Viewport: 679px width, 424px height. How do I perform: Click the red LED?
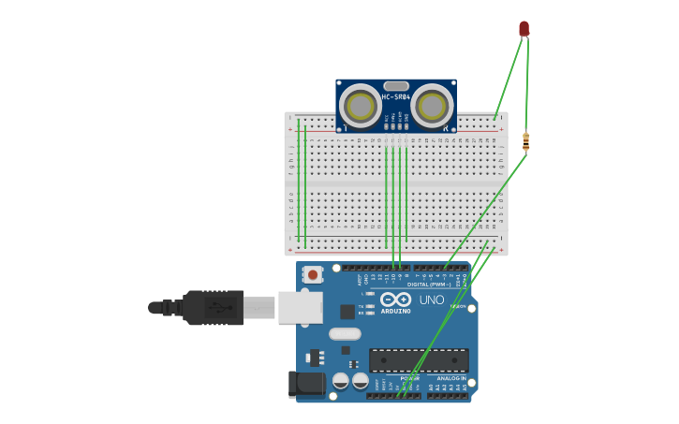tap(524, 29)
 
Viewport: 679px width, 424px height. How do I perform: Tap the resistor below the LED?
tap(525, 142)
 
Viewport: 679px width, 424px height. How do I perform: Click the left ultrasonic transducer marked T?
tap(359, 104)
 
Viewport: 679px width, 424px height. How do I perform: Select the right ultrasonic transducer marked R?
tap(432, 105)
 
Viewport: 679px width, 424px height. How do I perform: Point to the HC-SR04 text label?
tap(395, 97)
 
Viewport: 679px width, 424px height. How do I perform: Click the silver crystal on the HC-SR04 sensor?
tap(396, 86)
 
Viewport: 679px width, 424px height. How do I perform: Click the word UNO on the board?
tap(432, 300)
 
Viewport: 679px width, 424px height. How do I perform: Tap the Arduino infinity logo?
tap(395, 300)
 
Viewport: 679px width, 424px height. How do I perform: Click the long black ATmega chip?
tap(419, 360)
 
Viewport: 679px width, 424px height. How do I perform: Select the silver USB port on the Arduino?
tap(301, 307)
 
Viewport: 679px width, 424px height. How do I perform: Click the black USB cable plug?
tap(214, 307)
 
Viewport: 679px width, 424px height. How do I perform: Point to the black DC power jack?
tap(306, 384)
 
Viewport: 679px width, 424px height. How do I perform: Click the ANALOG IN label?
tap(450, 378)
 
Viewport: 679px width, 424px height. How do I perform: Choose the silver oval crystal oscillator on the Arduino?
tap(345, 333)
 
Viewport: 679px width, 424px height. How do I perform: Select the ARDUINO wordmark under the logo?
tap(395, 311)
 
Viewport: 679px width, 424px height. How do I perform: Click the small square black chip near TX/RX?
tap(347, 312)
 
